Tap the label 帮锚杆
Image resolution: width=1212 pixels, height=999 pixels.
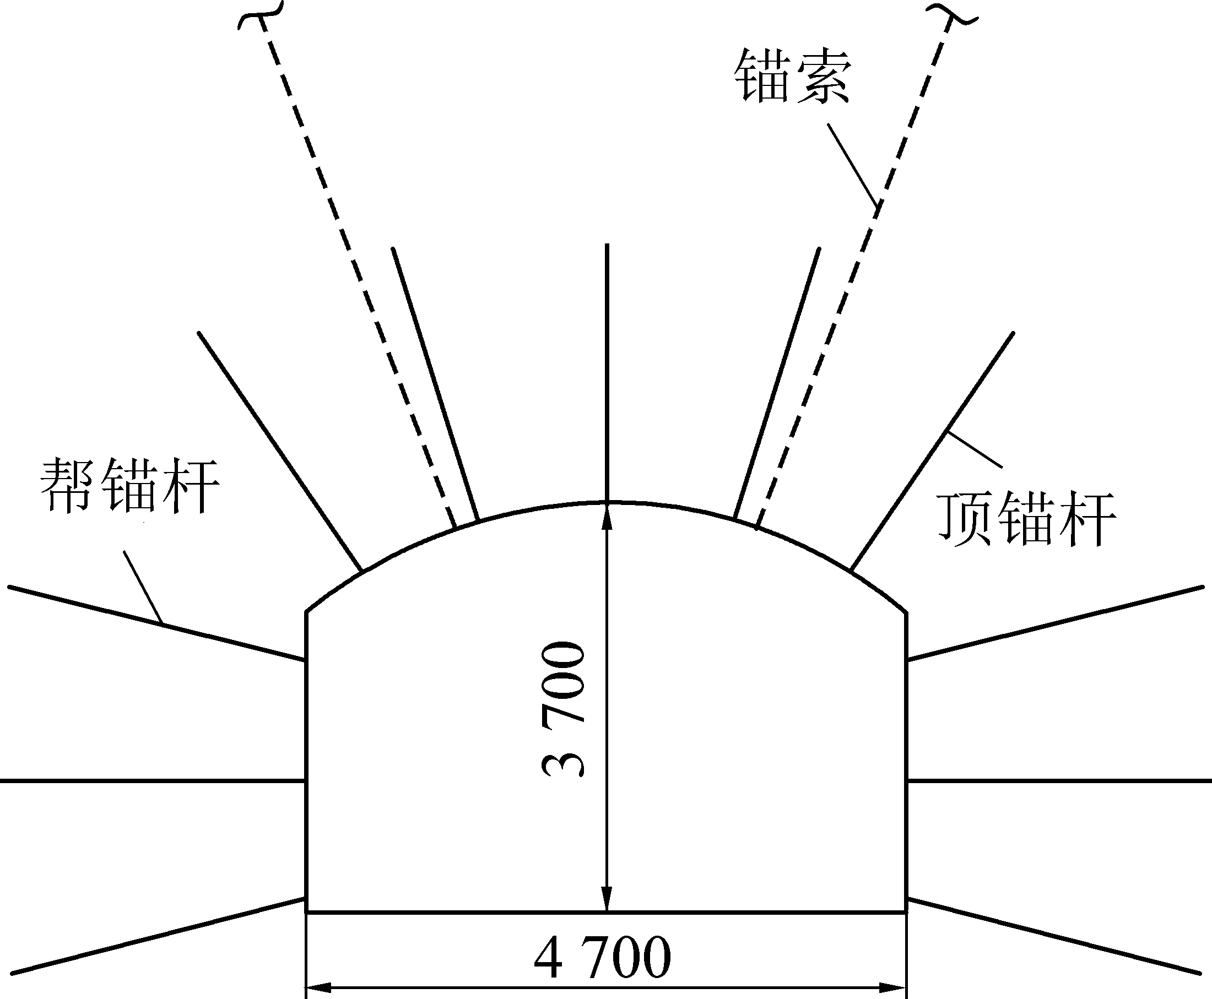[129, 486]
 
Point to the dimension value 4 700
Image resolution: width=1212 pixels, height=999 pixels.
[603, 957]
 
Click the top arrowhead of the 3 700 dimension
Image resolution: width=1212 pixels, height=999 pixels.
[607, 515]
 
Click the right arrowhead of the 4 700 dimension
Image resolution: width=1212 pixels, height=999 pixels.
[894, 987]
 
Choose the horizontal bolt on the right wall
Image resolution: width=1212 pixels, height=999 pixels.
[1059, 781]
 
